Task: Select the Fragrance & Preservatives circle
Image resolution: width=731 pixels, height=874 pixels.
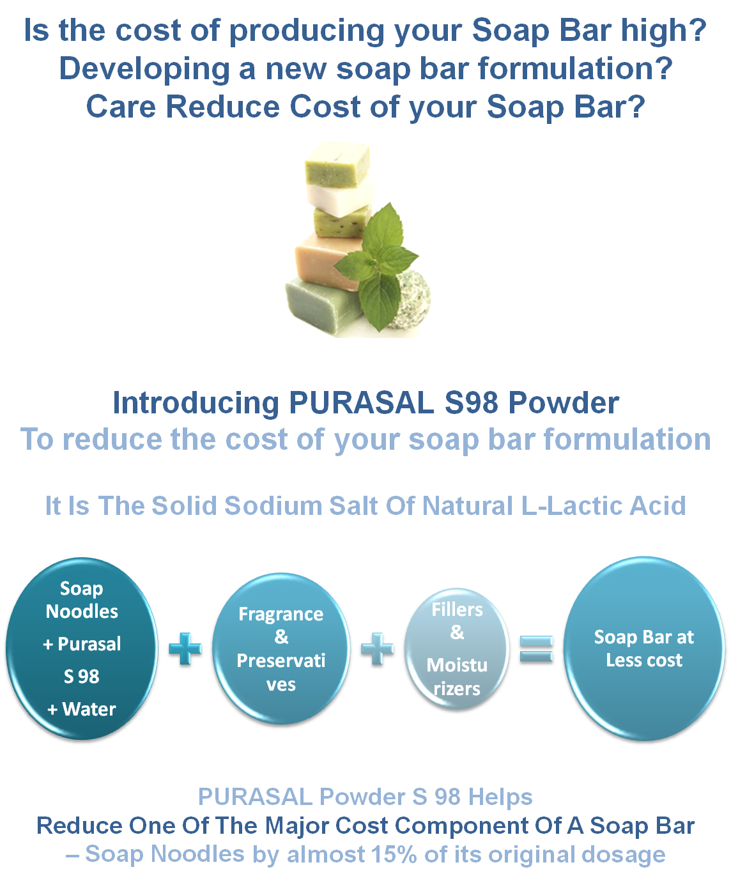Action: [281, 648]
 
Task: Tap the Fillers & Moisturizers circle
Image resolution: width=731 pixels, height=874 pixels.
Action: [457, 649]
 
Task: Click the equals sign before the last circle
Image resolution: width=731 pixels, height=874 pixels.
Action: [535, 650]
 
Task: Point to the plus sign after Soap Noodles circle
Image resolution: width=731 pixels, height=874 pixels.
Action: [185, 650]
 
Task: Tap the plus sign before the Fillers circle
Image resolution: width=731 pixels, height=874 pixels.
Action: [377, 650]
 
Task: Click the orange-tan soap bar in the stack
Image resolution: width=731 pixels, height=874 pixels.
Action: [326, 259]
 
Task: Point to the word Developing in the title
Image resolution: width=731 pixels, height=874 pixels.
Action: [144, 69]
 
